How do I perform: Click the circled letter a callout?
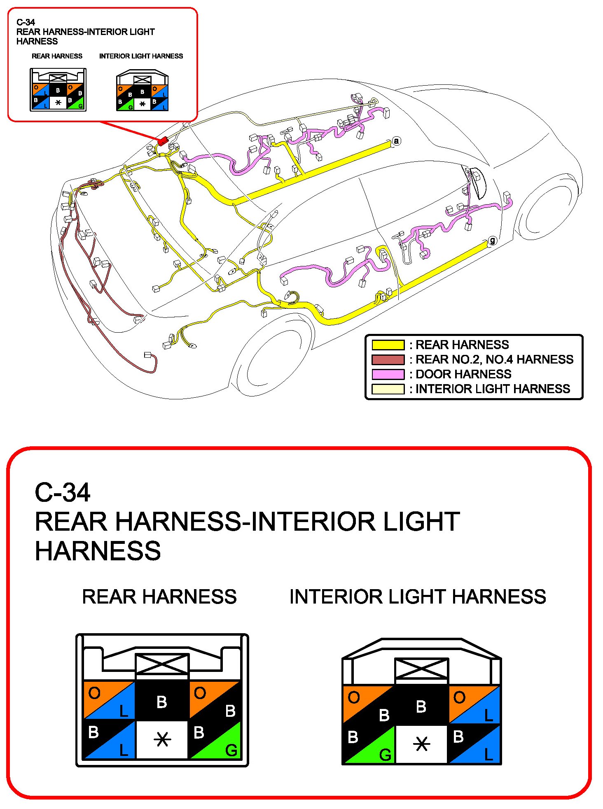click(396, 141)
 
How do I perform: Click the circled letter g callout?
click(492, 241)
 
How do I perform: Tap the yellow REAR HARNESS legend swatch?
click(388, 345)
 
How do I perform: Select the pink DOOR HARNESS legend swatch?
click(388, 374)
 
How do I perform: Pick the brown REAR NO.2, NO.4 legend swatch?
click(388, 360)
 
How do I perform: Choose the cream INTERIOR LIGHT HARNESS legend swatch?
click(388, 389)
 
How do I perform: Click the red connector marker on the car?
click(163, 141)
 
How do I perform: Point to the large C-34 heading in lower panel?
click(63, 492)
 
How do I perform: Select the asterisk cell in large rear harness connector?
click(162, 740)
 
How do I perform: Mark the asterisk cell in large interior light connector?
click(421, 744)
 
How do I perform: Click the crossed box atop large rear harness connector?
click(162, 664)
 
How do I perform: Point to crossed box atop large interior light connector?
click(421, 669)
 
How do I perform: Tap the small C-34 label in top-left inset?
click(26, 22)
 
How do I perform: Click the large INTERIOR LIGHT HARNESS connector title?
click(418, 597)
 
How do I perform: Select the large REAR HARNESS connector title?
click(159, 597)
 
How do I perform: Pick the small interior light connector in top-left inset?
click(142, 91)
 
